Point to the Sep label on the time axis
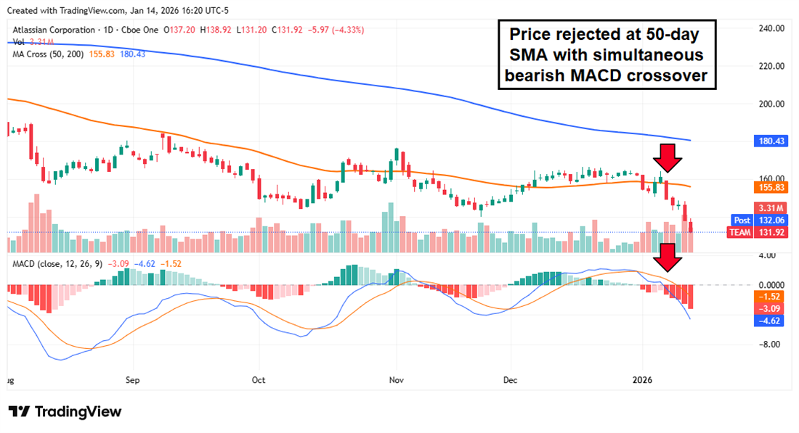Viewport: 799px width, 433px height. pos(131,379)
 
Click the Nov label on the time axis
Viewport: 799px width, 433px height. pos(396,379)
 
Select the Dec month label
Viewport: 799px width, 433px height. pos(510,379)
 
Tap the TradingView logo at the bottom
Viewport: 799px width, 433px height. pos(65,411)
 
